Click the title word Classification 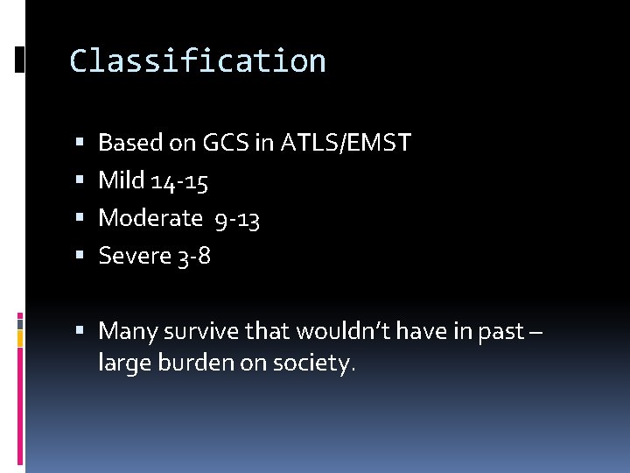tap(198, 61)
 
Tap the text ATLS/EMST tap(346, 143)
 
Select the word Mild tap(122, 180)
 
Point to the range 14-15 tap(179, 181)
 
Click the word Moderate tap(150, 218)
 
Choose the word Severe tap(133, 256)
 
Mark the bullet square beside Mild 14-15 tap(80, 181)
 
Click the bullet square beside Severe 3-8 tap(80, 257)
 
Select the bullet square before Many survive tap(80, 332)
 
